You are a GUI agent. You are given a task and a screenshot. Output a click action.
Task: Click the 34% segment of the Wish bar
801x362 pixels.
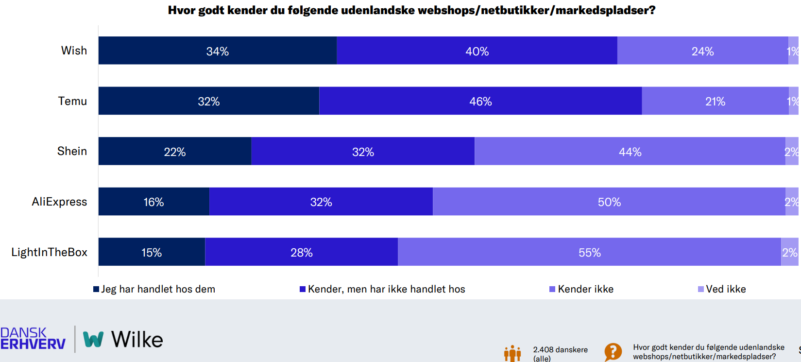point(217,51)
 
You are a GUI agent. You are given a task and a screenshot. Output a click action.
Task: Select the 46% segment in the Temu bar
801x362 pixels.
point(480,101)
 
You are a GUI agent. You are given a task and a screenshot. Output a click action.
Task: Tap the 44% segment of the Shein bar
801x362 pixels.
point(630,152)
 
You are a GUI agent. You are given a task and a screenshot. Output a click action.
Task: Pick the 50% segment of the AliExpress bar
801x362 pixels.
point(609,202)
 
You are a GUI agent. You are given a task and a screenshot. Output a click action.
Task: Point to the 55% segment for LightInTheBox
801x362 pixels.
point(589,252)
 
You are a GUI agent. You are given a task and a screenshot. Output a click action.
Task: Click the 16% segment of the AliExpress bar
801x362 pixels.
point(153,202)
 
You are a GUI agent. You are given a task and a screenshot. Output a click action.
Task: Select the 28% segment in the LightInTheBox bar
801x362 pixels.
point(301,252)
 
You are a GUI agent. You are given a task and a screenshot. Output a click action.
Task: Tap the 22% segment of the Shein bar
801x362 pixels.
point(174,152)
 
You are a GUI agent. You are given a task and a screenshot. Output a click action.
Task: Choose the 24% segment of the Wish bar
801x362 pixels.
point(702,51)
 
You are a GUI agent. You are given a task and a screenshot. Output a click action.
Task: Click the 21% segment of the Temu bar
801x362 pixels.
point(715,101)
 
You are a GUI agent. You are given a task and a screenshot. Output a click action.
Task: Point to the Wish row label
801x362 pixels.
point(74,51)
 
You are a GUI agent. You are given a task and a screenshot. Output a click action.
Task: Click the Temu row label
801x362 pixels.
point(72,101)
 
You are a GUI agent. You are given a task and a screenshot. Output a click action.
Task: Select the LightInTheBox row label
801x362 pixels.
point(49,252)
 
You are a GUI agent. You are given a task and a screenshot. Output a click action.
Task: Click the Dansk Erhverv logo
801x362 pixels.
point(33,339)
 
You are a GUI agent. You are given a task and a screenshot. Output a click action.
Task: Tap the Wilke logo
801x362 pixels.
point(123,339)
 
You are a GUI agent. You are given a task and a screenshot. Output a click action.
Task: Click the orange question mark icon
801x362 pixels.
point(613,352)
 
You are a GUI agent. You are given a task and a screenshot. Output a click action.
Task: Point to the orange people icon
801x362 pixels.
point(512,354)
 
